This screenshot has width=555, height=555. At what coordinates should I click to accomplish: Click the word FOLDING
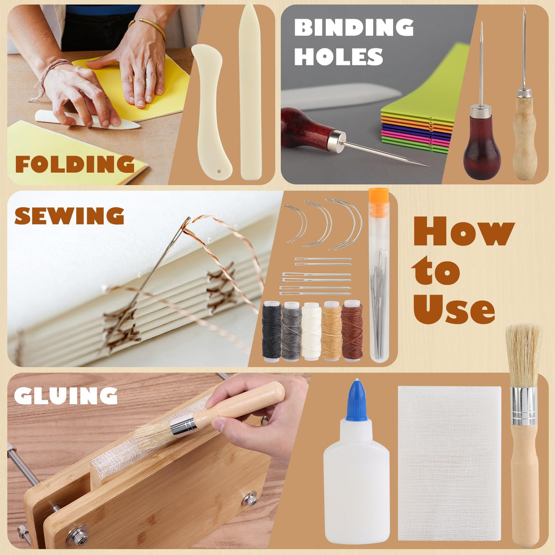[75, 164]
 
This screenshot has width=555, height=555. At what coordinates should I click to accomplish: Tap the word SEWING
[69, 216]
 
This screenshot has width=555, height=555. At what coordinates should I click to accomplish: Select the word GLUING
[65, 396]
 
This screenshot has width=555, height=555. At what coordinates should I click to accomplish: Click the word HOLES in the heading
[338, 57]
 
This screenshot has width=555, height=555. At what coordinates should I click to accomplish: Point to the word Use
[454, 309]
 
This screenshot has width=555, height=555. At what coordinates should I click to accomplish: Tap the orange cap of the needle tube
[379, 201]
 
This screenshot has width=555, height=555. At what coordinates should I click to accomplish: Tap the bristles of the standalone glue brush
[523, 354]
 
